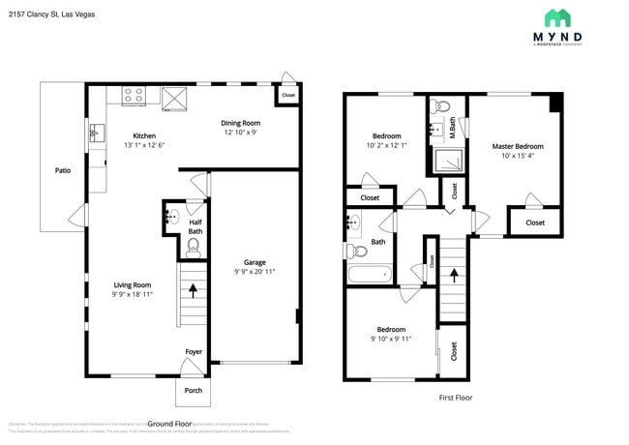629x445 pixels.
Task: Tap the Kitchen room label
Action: click(144, 135)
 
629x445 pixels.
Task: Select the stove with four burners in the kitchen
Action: click(135, 96)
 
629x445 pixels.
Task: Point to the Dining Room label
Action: click(241, 123)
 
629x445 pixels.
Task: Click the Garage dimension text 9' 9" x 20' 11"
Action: click(255, 272)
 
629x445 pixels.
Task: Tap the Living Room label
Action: click(133, 284)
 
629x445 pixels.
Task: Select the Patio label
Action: click(63, 170)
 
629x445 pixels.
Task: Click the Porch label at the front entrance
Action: click(194, 391)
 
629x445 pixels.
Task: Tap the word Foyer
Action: click(194, 351)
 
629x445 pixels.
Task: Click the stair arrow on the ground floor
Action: click(194, 289)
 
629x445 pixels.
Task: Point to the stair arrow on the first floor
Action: click(453, 276)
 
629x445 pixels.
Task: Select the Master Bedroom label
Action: click(518, 146)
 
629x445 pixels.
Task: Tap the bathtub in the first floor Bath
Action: click(370, 275)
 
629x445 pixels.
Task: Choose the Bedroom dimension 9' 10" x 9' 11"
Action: click(391, 340)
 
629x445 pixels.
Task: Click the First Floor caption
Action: click(454, 398)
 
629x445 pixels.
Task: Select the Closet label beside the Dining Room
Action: click(287, 96)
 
